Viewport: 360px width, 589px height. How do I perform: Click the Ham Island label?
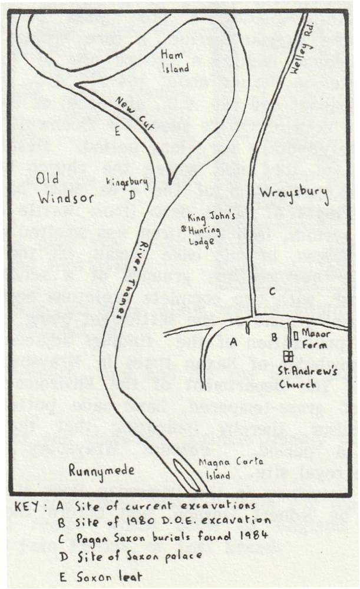pyautogui.click(x=176, y=61)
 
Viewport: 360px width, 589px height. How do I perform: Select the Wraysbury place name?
pyautogui.click(x=281, y=193)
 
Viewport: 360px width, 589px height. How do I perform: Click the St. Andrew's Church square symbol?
pyautogui.click(x=289, y=356)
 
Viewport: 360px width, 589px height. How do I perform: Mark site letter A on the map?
pyautogui.click(x=233, y=341)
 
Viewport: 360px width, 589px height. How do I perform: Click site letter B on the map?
pyautogui.click(x=274, y=337)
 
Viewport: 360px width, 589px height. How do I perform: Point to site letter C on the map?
pyautogui.click(x=272, y=291)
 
